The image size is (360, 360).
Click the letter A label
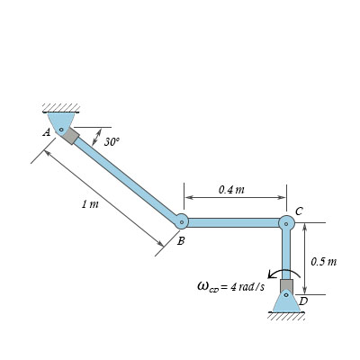coord(47,132)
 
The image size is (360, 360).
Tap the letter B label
coord(181,240)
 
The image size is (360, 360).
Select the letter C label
coord(299,211)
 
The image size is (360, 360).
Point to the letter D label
coord(303,301)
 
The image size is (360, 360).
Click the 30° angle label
coord(112,141)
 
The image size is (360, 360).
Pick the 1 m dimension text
coord(90,204)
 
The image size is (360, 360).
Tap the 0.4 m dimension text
coord(231,190)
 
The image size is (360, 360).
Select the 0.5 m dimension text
coord(324,262)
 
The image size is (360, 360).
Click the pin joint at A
coord(61,130)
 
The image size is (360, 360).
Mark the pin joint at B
coord(182,222)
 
